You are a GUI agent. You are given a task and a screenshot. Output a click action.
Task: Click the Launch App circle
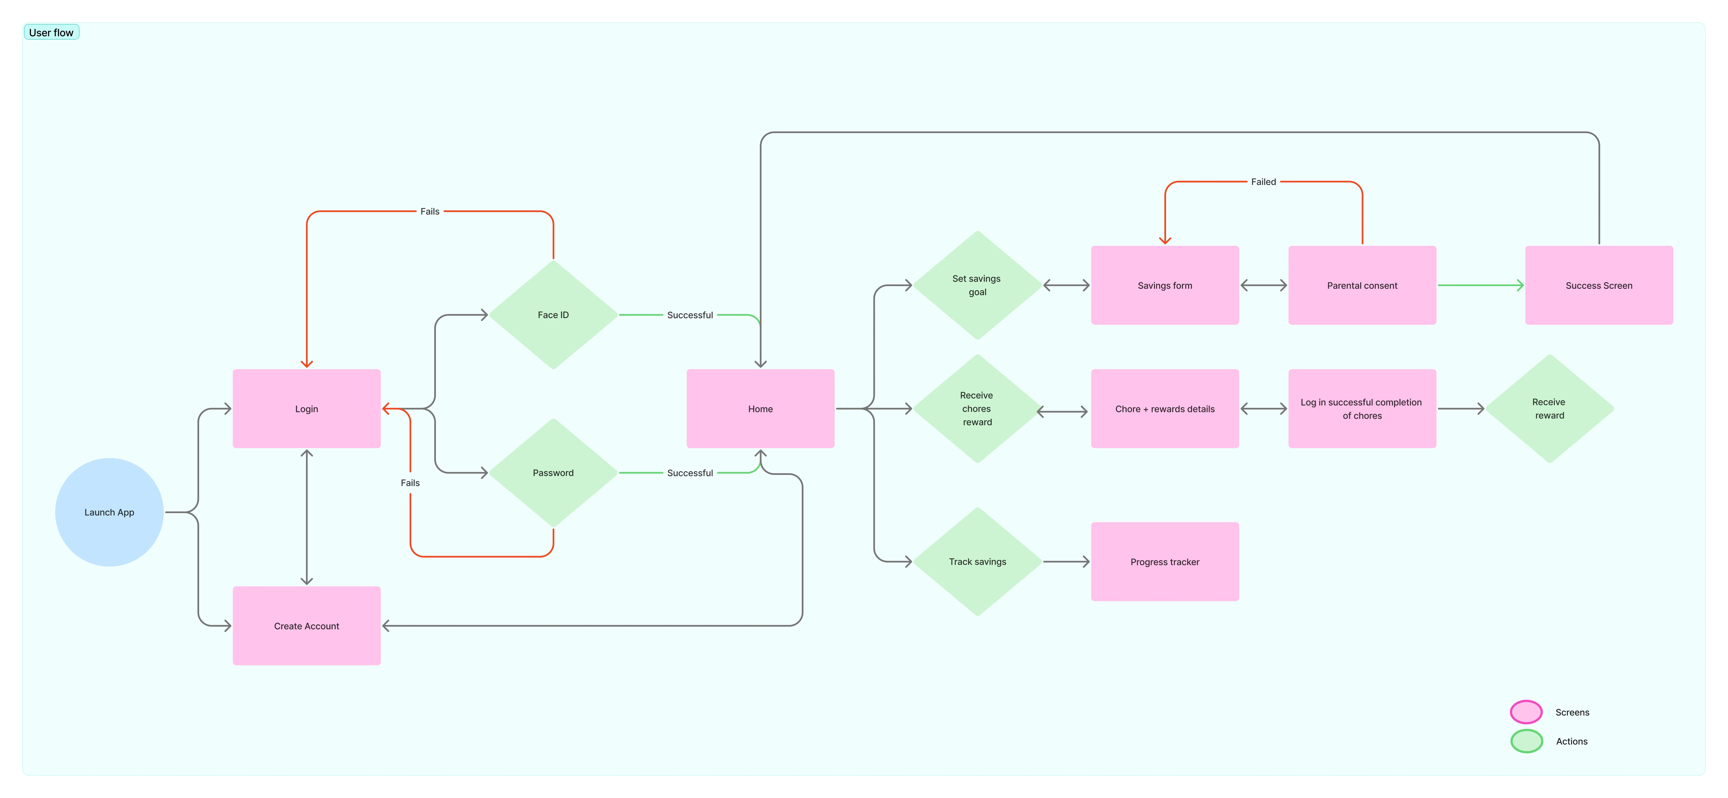click(x=109, y=512)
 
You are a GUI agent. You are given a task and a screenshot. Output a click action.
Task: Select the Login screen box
click(x=306, y=409)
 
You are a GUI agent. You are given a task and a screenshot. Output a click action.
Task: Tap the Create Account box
click(x=306, y=626)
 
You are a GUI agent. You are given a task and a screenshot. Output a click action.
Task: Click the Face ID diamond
click(x=553, y=315)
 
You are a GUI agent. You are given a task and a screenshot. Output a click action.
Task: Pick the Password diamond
click(x=553, y=472)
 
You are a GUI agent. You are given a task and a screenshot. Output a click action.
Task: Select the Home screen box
click(x=761, y=409)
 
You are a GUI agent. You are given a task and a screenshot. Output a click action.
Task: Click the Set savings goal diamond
click(x=977, y=285)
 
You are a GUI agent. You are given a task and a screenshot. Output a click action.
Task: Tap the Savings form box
click(x=1165, y=285)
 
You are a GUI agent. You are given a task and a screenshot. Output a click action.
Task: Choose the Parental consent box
click(x=1362, y=285)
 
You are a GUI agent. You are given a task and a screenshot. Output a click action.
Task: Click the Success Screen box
click(x=1599, y=285)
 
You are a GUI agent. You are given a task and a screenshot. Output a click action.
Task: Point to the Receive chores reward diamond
click(x=977, y=409)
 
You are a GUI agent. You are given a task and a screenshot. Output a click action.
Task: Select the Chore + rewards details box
click(x=1165, y=409)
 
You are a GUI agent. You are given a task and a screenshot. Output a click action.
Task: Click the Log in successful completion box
click(x=1362, y=409)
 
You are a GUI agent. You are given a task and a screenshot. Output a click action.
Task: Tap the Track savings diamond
click(x=977, y=562)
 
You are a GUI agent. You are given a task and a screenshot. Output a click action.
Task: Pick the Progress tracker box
click(x=1165, y=562)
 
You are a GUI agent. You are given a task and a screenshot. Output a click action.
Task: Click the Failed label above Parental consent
click(x=1263, y=182)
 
